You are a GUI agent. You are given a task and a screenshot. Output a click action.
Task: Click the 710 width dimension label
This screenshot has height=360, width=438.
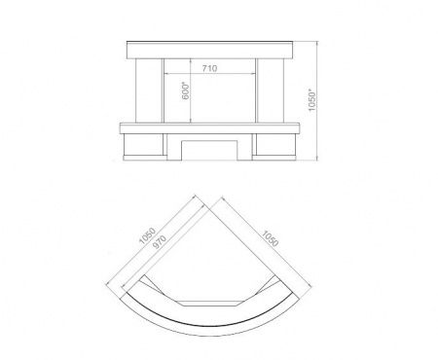click(x=209, y=68)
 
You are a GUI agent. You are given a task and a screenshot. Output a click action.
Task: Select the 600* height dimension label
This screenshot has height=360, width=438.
click(x=185, y=91)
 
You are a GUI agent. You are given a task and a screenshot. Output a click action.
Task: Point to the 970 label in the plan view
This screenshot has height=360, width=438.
click(x=160, y=242)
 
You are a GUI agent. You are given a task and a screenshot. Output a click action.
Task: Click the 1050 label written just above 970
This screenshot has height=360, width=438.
click(x=147, y=235)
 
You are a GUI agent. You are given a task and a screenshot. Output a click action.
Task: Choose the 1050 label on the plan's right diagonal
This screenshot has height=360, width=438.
click(x=270, y=238)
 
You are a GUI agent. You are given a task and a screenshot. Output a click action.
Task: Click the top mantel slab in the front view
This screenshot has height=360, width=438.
click(x=210, y=50)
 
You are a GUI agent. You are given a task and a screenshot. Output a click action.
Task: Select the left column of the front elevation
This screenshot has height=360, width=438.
click(x=149, y=90)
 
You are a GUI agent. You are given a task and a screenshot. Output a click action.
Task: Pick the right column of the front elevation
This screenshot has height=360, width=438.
click(x=271, y=90)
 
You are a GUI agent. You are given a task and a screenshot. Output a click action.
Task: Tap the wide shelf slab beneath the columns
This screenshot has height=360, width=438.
click(x=210, y=128)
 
